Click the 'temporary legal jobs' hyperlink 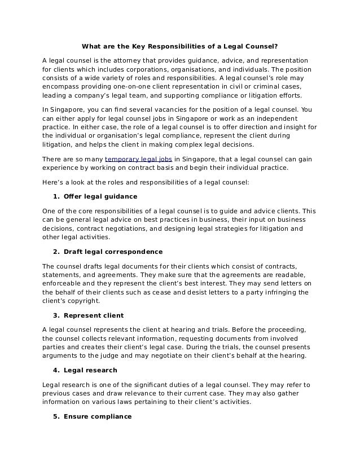(x=139, y=159)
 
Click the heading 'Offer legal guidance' (x=100, y=196)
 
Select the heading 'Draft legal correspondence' (x=113, y=251)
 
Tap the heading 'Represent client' (x=94, y=315)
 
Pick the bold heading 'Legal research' (x=90, y=370)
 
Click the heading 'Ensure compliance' (x=98, y=416)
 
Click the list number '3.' (x=56, y=315)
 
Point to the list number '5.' (x=56, y=416)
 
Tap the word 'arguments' (x=62, y=356)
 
